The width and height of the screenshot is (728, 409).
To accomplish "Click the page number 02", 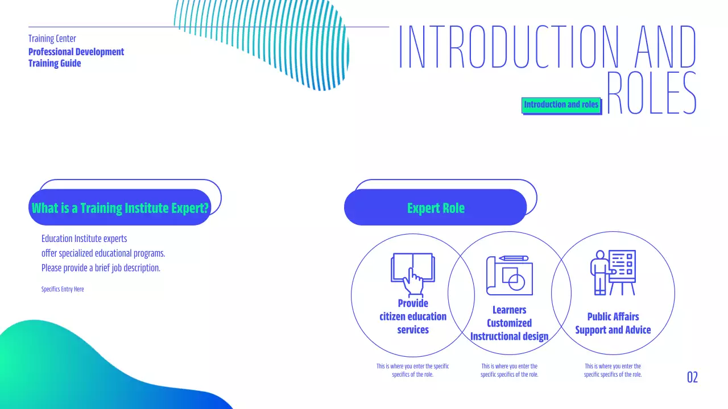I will tap(692, 377).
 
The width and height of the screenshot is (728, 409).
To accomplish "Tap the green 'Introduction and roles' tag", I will tap(561, 105).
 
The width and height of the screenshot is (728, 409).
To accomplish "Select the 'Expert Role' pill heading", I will tap(436, 208).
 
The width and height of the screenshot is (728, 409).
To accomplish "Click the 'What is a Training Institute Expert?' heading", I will tap(120, 208).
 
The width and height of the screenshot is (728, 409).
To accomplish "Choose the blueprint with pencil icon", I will tap(509, 275).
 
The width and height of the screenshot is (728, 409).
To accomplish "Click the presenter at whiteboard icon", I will tap(613, 273).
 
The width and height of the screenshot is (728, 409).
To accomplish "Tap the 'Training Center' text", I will tap(52, 39).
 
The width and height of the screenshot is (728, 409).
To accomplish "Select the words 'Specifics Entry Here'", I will tap(63, 289).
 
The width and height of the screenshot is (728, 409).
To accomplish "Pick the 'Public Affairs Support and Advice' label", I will tap(613, 323).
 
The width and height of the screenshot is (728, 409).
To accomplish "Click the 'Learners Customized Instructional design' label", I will tap(509, 323).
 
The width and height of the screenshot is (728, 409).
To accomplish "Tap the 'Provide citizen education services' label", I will tap(413, 316).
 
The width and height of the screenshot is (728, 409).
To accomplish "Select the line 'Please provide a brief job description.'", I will tap(101, 268).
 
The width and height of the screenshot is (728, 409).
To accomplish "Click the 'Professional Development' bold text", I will tap(76, 52).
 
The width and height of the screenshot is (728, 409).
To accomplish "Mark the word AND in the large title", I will tap(665, 48).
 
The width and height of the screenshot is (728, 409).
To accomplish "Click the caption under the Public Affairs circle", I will tap(613, 370).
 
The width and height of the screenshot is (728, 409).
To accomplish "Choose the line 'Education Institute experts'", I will tap(84, 239).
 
